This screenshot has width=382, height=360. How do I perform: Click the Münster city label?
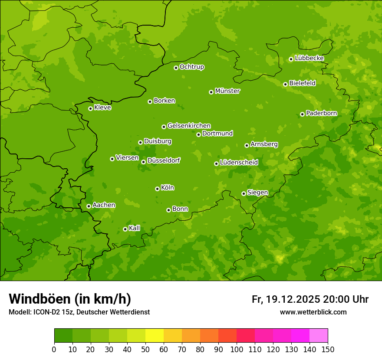point(227,91)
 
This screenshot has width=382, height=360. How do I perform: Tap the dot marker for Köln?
point(157,189)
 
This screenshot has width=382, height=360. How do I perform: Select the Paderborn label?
point(321,113)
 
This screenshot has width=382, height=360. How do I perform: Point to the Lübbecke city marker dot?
point(291,59)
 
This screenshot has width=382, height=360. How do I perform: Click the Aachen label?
point(104,205)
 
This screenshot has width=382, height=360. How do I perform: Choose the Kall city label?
point(135,228)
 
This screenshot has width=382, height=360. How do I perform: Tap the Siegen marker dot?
point(244,193)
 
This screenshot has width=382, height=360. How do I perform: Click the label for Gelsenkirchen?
point(189,126)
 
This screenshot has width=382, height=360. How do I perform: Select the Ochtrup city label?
point(191,67)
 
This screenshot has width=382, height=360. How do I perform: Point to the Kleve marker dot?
point(90,108)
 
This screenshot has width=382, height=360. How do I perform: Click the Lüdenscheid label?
point(239,163)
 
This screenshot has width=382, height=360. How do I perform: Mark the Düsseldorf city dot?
point(143,162)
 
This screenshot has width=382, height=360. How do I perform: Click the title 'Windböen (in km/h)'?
point(70,299)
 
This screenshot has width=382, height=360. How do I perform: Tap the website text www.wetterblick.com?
point(313,312)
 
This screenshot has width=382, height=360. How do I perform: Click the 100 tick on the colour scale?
point(237,349)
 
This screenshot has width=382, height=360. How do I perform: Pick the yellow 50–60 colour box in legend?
point(155,336)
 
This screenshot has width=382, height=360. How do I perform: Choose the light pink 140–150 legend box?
point(319,336)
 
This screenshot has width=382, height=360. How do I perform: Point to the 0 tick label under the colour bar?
point(54,349)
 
